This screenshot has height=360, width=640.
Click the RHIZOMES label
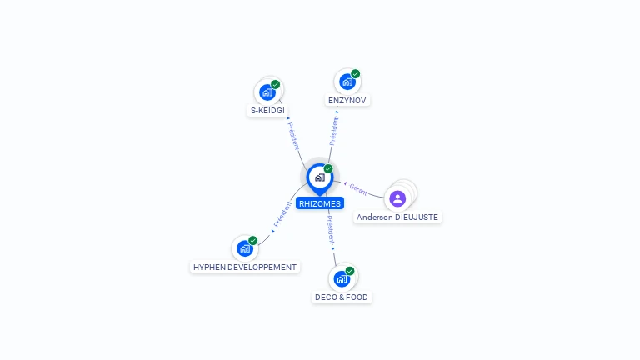[320, 203]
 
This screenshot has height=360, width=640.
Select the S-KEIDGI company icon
[267, 92]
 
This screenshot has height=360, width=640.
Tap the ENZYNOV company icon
[347, 82]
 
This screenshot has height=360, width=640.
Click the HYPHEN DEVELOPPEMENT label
[245, 267]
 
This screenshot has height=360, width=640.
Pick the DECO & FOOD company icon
[342, 279]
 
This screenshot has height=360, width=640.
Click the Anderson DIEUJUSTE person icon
[397, 199]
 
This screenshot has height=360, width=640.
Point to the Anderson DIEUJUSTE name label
[397, 217]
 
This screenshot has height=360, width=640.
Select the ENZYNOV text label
[347, 100]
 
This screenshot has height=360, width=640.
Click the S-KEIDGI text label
[267, 111]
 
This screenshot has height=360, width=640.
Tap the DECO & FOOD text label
[342, 297]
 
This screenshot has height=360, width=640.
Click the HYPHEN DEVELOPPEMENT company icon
[245, 248]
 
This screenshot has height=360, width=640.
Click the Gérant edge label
[358, 189]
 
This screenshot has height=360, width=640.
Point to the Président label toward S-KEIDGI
[293, 136]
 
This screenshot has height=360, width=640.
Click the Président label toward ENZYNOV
[334, 131]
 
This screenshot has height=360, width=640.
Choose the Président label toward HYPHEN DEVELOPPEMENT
[282, 214]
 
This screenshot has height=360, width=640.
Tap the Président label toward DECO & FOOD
[330, 230]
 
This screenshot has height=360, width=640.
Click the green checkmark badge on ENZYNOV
[356, 74]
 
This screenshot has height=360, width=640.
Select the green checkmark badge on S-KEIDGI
[276, 84]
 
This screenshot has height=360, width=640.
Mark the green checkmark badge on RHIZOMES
[328, 168]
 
